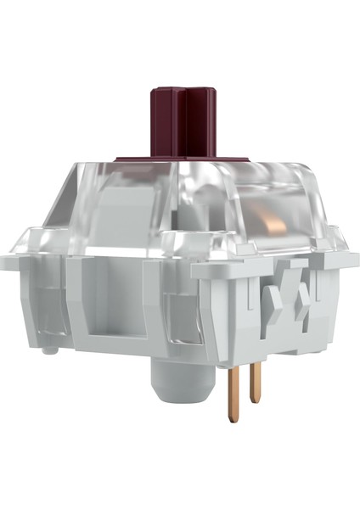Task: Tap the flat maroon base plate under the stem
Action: tap(180, 159)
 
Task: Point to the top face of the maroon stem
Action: tap(181, 88)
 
